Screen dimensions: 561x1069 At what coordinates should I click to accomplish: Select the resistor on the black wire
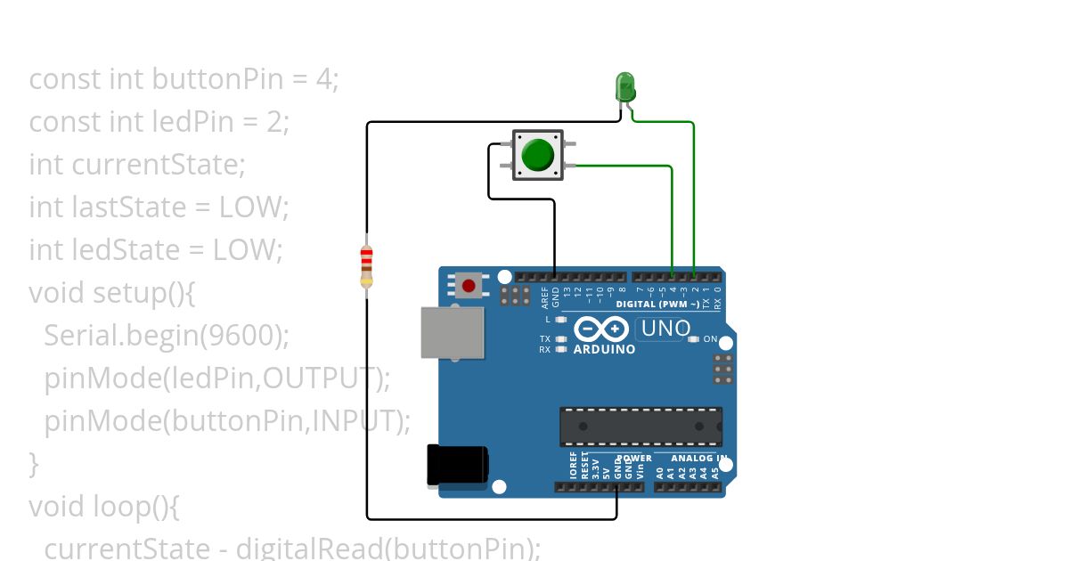[366, 266]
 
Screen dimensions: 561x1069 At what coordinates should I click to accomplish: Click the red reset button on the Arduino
[469, 286]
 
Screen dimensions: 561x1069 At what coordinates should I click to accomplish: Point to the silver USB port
[453, 333]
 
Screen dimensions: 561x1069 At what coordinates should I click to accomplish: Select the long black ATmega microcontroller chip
[640, 427]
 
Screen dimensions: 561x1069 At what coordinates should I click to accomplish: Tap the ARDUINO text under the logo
[604, 350]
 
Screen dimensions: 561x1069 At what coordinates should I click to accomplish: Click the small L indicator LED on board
[560, 319]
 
